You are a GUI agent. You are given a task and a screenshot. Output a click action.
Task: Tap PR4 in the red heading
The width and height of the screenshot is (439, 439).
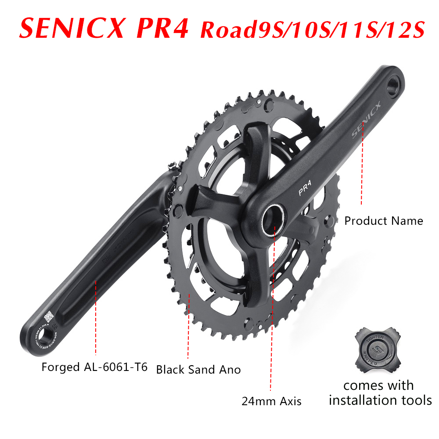(162, 29)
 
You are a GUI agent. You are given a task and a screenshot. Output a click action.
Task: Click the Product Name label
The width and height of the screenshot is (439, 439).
(383, 221)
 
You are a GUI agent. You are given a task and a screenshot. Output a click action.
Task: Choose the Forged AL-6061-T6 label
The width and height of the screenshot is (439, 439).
(94, 367)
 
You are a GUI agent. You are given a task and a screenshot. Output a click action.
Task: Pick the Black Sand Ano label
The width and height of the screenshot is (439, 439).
(198, 370)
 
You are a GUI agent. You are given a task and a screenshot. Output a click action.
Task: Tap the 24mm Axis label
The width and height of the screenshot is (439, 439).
(271, 401)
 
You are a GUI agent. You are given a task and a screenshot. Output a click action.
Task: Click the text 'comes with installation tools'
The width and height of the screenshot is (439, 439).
(380, 393)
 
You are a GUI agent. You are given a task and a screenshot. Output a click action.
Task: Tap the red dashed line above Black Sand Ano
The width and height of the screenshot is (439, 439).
(189, 327)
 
